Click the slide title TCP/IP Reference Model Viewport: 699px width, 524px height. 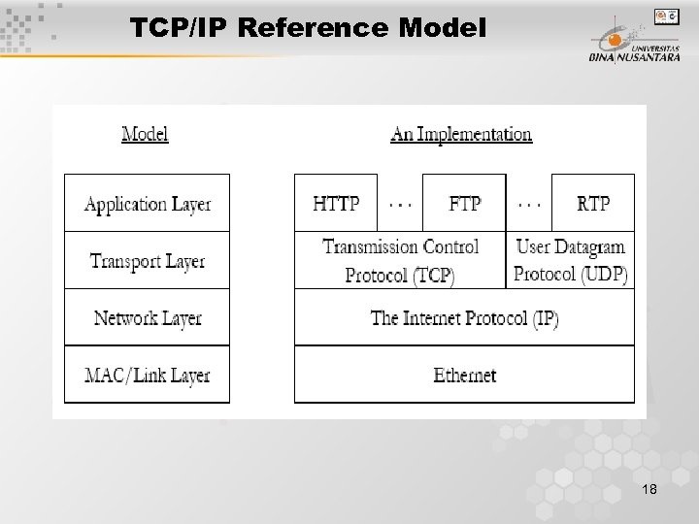[x=308, y=29]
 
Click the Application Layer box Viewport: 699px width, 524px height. [x=148, y=204]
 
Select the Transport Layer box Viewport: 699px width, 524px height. [x=148, y=260]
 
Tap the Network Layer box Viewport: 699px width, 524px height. [x=148, y=317]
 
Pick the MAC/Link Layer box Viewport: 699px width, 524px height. [x=148, y=375]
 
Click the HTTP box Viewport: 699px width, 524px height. [x=336, y=204]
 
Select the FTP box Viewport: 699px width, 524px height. [x=464, y=204]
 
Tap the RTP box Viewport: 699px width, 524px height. [x=592, y=204]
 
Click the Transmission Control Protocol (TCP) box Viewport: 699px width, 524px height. [x=400, y=260]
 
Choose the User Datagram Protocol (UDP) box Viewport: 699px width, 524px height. [x=571, y=260]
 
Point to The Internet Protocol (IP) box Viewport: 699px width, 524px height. [x=464, y=317]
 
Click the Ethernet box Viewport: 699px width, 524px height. [x=464, y=375]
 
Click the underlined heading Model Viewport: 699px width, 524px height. [x=145, y=134]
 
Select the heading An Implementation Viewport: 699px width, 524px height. [x=461, y=134]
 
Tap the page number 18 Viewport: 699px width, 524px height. [x=649, y=491]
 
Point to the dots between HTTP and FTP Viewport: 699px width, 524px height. [x=398, y=204]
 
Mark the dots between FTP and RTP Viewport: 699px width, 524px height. [x=529, y=204]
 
